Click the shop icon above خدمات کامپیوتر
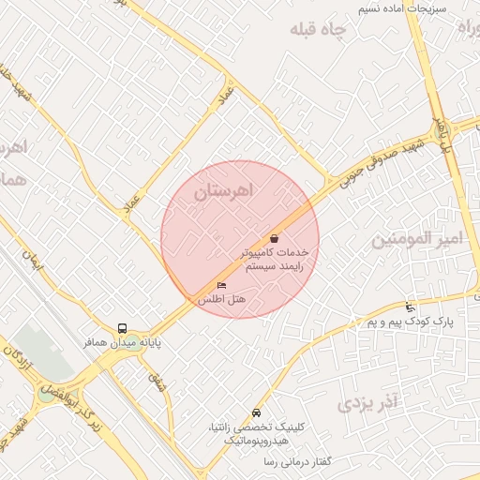273,238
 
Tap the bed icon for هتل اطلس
221,284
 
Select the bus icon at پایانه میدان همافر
123,328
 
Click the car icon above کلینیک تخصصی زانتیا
256,412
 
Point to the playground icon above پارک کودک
410,307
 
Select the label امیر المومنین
417,239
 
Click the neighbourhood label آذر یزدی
368,404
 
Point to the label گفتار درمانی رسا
273,463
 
